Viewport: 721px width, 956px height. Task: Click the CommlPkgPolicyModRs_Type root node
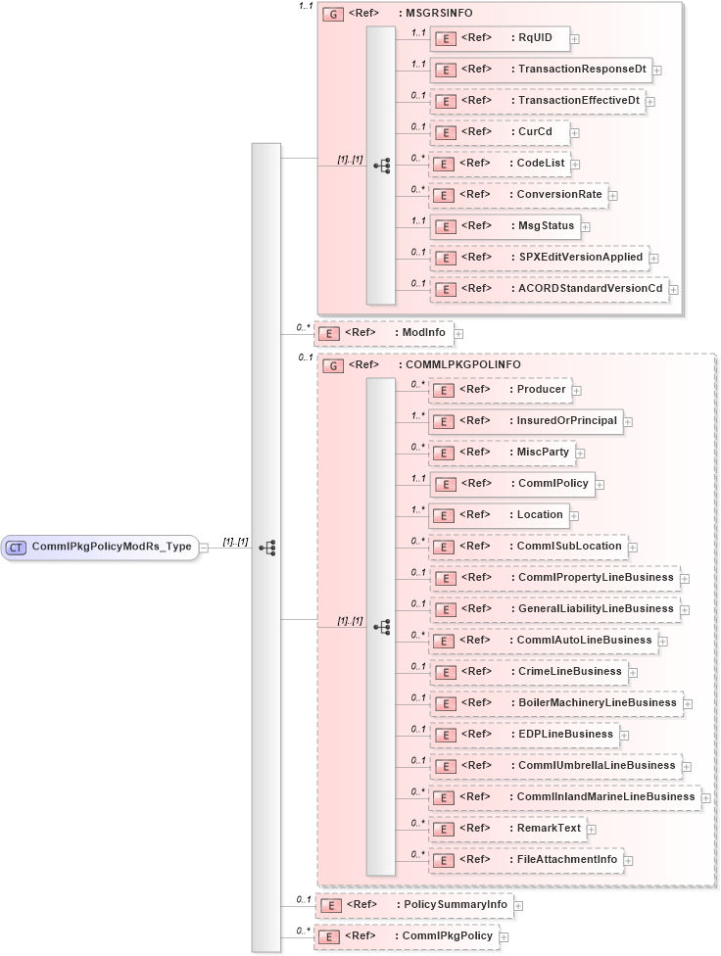pyautogui.click(x=101, y=548)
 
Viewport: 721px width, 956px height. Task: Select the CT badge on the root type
pyautogui.click(x=17, y=548)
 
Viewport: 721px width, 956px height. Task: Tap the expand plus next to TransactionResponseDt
pyautogui.click(x=657, y=71)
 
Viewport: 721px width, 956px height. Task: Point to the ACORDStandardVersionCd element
pyautogui.click(x=549, y=289)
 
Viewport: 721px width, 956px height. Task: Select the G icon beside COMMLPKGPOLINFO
pyautogui.click(x=332, y=365)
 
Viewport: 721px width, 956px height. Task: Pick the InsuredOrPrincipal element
pyautogui.click(x=526, y=421)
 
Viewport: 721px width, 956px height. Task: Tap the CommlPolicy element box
pyautogui.click(x=510, y=484)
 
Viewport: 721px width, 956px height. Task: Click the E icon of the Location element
pyautogui.click(x=444, y=515)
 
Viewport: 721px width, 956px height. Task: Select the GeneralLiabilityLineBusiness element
pyautogui.click(x=555, y=609)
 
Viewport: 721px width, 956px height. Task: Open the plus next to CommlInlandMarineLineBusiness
pyautogui.click(x=706, y=797)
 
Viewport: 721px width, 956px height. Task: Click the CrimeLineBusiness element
pyautogui.click(x=528, y=672)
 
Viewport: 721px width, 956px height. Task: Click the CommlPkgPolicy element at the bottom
pyautogui.click(x=405, y=937)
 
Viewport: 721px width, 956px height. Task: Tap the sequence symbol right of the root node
pyautogui.click(x=266, y=548)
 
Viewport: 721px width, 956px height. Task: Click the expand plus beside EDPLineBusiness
pyautogui.click(x=624, y=735)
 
